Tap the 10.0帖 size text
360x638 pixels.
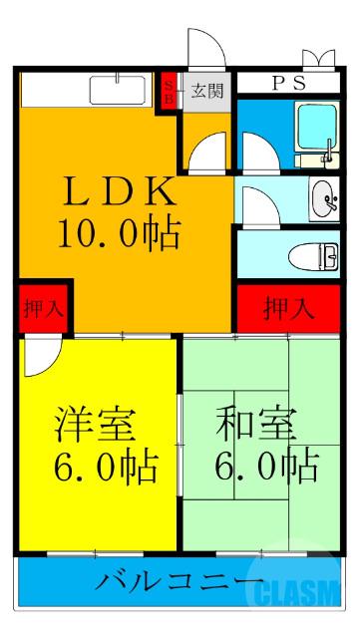tap(118, 235)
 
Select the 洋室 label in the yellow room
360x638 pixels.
tap(95, 425)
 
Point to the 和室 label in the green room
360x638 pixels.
tap(256, 425)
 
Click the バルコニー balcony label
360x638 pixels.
tap(180, 581)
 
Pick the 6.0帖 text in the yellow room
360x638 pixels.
tap(100, 465)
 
